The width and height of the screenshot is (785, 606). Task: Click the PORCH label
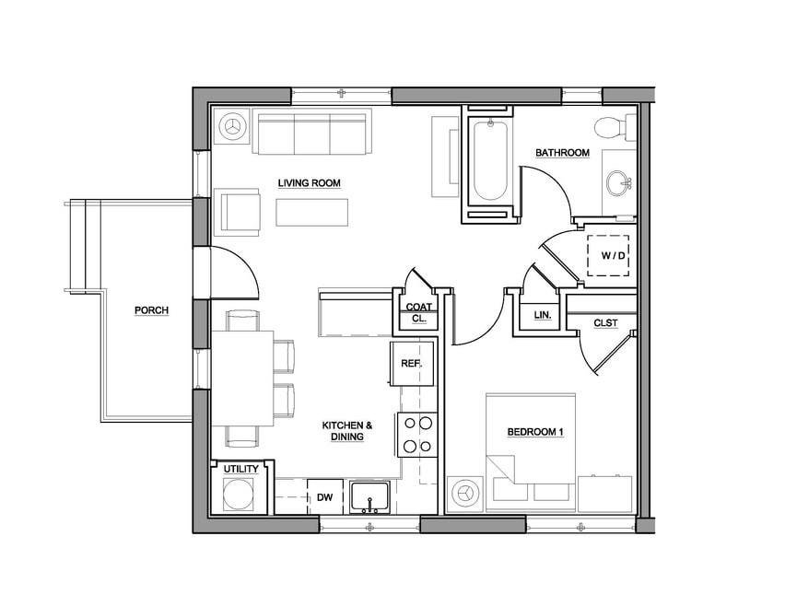coord(151,310)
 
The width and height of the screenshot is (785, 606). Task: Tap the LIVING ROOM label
coord(309,182)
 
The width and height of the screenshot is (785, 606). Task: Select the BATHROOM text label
coord(562,153)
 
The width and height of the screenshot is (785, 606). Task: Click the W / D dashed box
coord(608,255)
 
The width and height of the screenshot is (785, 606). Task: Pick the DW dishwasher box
coord(325,497)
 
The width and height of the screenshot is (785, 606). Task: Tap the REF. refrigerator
coord(412,364)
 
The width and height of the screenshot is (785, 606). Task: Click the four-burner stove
coord(417,435)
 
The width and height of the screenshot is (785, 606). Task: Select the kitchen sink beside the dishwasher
coord(370,497)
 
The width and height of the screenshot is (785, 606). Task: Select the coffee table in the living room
coord(311,212)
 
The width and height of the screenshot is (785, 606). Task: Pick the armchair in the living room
coord(238,212)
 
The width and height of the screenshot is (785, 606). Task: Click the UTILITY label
coord(240,469)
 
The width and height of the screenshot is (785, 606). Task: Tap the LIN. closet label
coord(542,315)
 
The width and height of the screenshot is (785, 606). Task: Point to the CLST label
coord(605,323)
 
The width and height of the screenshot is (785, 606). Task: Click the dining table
coord(242,379)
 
